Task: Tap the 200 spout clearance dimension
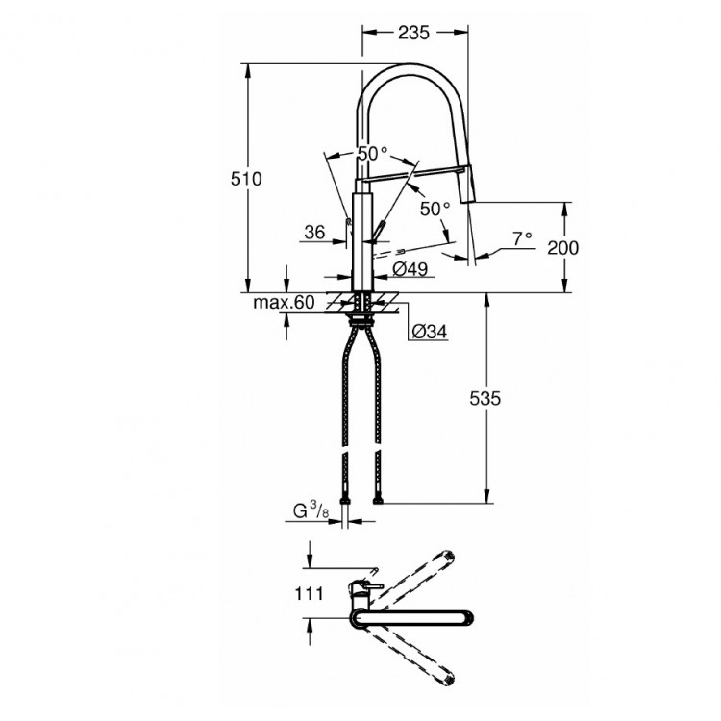(x=563, y=247)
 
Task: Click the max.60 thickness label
(x=284, y=302)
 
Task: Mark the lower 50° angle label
(x=434, y=208)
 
